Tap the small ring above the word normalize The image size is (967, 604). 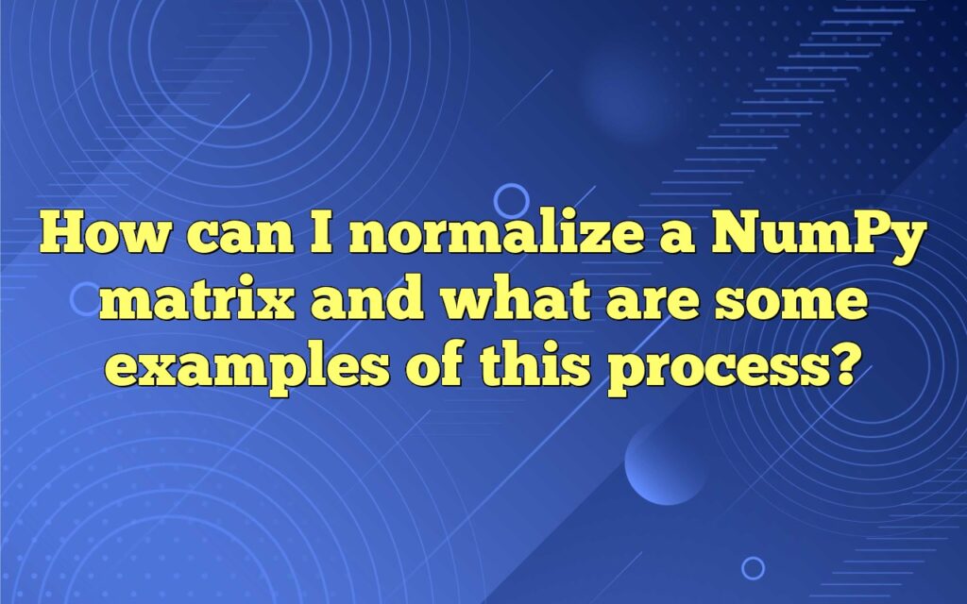coord(512,199)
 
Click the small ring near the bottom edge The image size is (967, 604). coord(753,567)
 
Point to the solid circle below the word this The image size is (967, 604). coord(666,462)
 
